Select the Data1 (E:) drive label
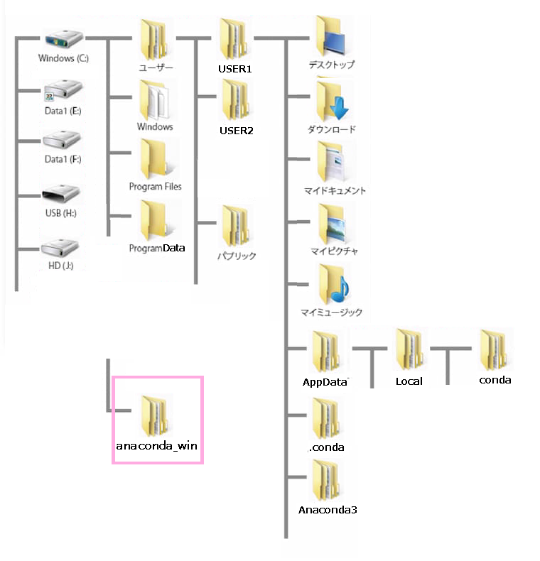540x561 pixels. point(63,111)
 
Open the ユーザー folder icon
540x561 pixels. point(155,39)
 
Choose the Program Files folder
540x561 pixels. point(155,158)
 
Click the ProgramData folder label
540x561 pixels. point(156,248)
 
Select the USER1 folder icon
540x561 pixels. point(235,39)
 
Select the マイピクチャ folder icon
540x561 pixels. point(331,224)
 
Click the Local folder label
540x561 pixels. point(409,381)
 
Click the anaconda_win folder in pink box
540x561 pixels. point(156,419)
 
